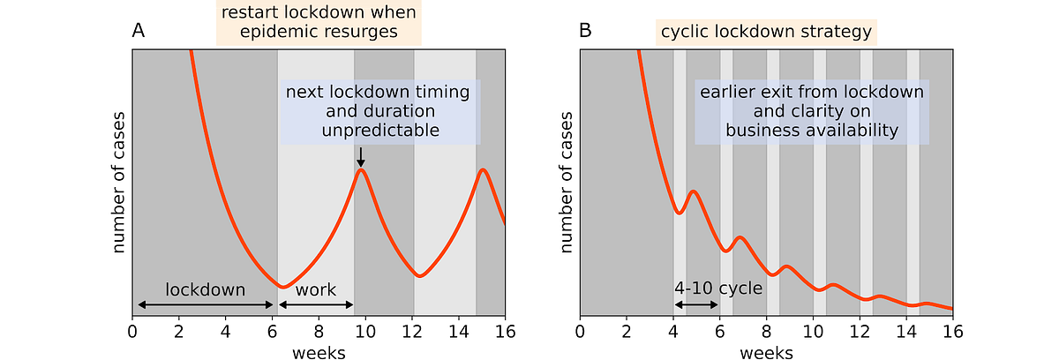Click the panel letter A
click(x=139, y=31)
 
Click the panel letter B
click(x=585, y=31)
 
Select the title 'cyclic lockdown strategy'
click(x=765, y=33)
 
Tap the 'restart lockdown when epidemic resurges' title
click(x=319, y=23)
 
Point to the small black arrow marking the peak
click(x=360, y=157)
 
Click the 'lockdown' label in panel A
click(x=206, y=289)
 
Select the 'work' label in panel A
click(x=316, y=289)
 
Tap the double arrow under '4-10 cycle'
click(x=695, y=304)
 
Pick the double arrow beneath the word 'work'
click(x=316, y=304)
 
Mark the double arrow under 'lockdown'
click(x=206, y=304)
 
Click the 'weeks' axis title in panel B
click(x=765, y=352)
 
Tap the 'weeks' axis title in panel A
click(x=319, y=352)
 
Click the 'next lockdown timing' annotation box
click(x=380, y=111)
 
